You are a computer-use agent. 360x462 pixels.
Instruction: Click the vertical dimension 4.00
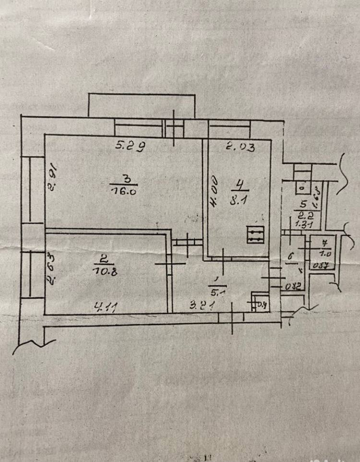click(x=214, y=191)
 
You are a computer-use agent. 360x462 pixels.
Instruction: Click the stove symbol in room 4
click(x=255, y=235)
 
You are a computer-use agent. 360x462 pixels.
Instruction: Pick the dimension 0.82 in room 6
click(x=293, y=287)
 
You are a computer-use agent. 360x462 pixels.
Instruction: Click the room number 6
click(x=291, y=258)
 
